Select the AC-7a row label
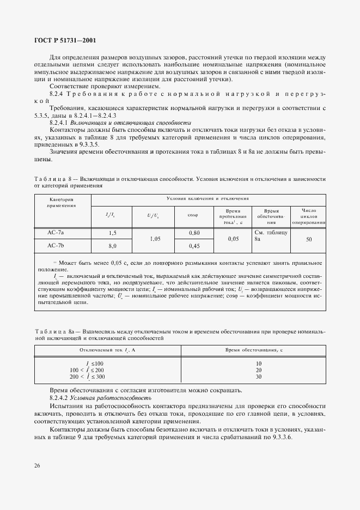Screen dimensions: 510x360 (x=56, y=233)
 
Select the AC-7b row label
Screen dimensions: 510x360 (x=56, y=246)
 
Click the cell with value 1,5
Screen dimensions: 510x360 (x=113, y=233)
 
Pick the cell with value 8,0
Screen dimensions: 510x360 (x=113, y=246)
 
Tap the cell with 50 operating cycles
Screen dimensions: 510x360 (x=308, y=239)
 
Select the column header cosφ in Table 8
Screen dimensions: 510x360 (x=193, y=215)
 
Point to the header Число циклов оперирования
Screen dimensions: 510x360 (x=308, y=215)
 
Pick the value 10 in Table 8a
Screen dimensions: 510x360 (x=258, y=363)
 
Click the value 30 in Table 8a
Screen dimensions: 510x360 (x=258, y=377)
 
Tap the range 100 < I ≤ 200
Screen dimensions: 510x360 (x=87, y=370)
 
